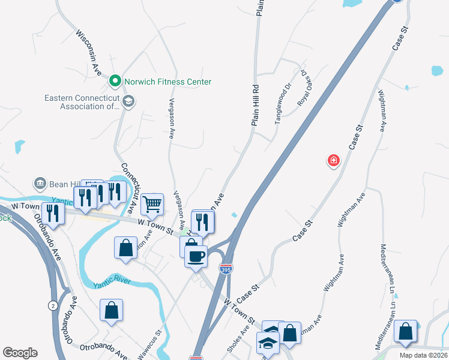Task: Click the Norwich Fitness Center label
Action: click(x=167, y=81)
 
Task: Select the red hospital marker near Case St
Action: click(x=333, y=160)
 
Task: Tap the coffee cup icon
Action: click(x=196, y=256)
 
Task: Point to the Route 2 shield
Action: click(x=52, y=306)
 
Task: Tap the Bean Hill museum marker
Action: click(x=40, y=182)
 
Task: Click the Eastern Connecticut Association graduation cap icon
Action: click(x=128, y=101)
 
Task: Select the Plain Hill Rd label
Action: click(x=255, y=104)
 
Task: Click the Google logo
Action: click(x=20, y=353)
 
